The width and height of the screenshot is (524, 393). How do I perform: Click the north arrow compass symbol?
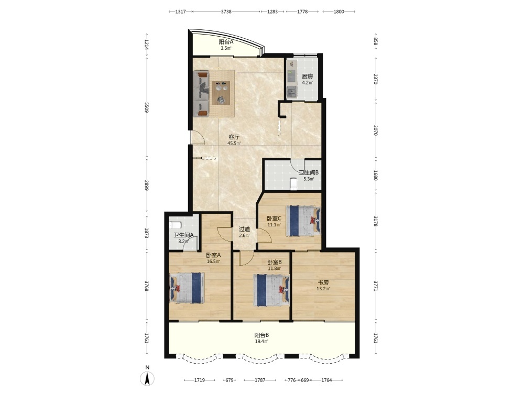click(147, 378)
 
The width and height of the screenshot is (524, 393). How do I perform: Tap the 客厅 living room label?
click(234, 137)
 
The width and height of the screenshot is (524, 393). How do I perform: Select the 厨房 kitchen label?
click(307, 77)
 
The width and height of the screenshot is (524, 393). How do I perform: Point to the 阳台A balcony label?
click(226, 42)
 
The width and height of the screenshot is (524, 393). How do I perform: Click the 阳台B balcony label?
click(261, 335)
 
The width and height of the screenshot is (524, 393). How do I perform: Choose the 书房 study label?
click(323, 283)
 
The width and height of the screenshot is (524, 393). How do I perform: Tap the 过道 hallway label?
click(244, 230)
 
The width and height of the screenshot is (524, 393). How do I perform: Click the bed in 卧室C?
click(303, 221)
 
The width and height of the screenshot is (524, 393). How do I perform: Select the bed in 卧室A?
click(187, 288)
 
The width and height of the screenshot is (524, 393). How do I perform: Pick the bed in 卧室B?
click(271, 290)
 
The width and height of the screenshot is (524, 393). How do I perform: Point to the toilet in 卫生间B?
click(293, 183)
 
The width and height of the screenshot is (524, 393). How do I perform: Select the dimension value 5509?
click(146, 107)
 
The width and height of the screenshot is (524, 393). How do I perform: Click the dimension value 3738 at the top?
click(226, 12)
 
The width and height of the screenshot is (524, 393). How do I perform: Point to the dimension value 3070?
click(375, 130)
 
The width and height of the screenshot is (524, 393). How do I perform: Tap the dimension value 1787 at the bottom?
click(260, 380)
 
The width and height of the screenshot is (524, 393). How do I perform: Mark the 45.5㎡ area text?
click(234, 144)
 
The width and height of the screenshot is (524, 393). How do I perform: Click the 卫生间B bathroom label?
click(309, 173)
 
